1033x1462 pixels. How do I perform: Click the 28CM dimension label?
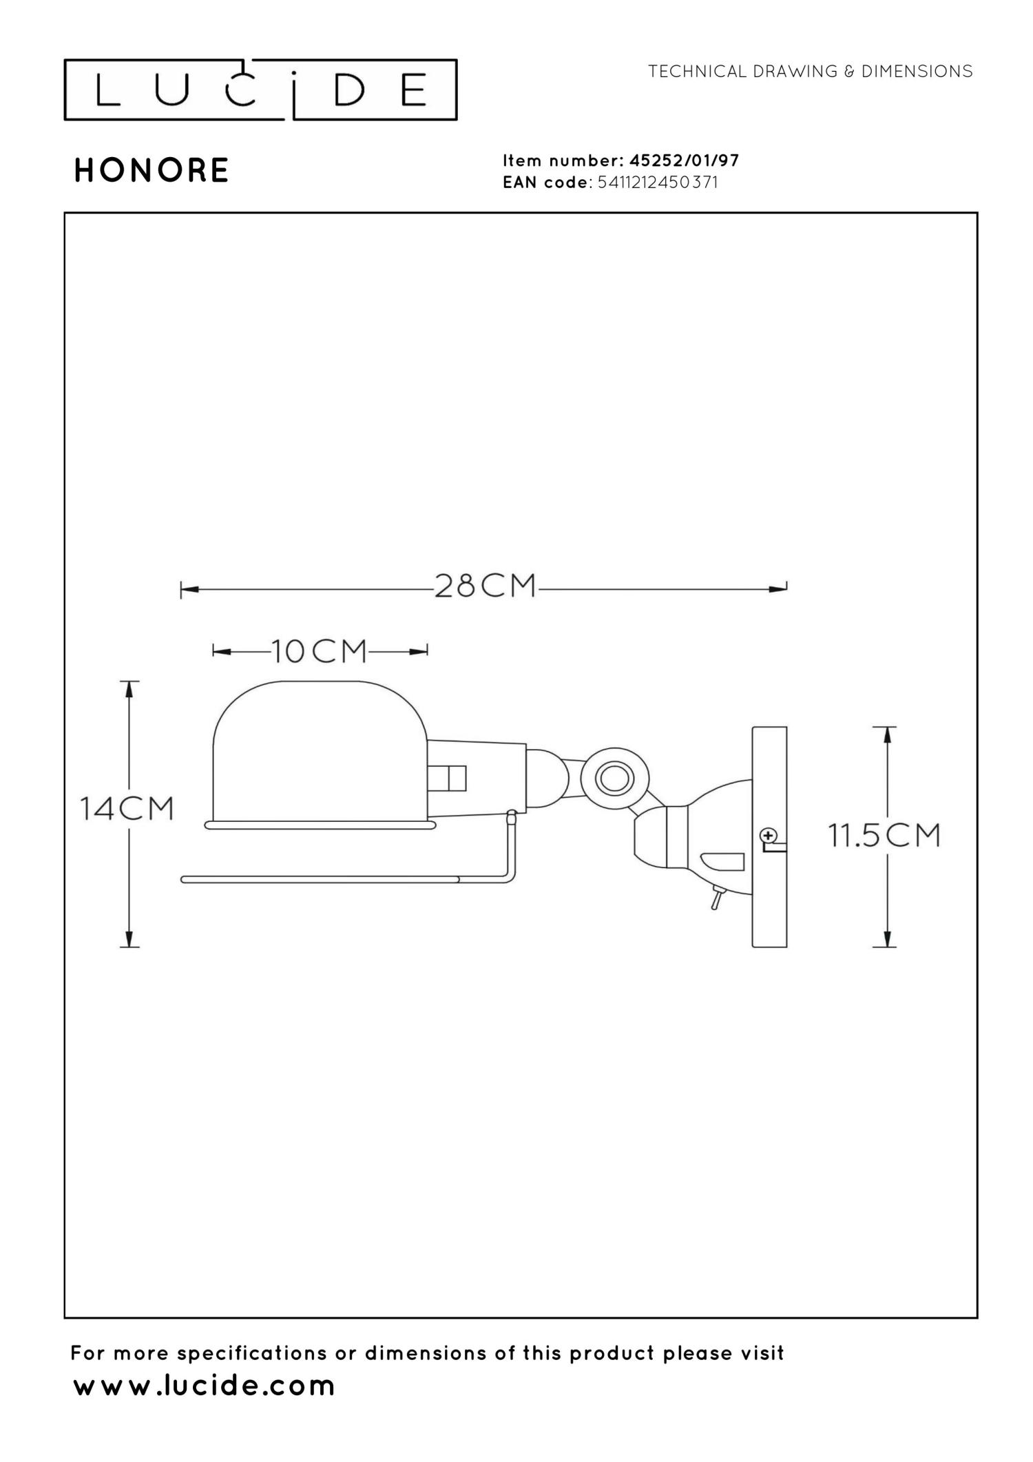(485, 586)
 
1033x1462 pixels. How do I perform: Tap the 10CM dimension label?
(320, 651)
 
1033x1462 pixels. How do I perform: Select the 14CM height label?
(127, 808)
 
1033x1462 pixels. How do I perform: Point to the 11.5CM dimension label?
(884, 836)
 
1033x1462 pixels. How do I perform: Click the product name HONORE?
(152, 171)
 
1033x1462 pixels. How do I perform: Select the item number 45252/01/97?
(684, 161)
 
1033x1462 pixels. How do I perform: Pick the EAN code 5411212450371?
(657, 183)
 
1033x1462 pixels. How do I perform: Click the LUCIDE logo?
(260, 90)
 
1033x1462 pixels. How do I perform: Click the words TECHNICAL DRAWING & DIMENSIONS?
(810, 72)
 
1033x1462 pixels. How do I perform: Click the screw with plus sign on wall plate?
(767, 836)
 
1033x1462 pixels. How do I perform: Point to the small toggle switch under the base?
(716, 899)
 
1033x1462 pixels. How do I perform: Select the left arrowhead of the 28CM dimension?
(189, 590)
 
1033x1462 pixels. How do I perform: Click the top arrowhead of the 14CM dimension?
(129, 690)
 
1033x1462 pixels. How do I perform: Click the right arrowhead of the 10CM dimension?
(419, 652)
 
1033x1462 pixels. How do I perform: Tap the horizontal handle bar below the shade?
(320, 880)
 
